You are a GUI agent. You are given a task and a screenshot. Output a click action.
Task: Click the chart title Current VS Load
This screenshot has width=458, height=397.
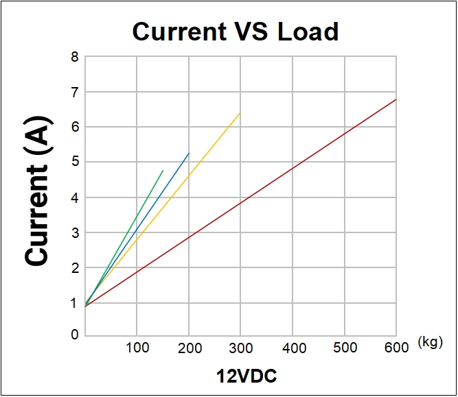point(235,32)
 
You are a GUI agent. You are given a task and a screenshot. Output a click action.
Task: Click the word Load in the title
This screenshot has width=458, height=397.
point(308,32)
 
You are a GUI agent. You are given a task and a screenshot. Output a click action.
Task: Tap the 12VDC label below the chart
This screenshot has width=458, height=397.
point(247,376)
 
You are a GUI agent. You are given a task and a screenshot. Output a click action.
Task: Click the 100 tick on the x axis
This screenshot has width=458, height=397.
point(137,348)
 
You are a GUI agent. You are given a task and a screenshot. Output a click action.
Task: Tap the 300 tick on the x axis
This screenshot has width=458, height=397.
point(240,348)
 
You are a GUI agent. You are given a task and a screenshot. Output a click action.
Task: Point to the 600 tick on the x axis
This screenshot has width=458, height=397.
point(396,348)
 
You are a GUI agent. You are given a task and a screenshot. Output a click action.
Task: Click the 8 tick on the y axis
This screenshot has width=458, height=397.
point(74,56)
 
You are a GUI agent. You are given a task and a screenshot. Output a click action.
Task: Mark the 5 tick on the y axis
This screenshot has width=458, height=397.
point(74,162)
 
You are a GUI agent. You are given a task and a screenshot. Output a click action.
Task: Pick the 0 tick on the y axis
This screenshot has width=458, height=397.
point(74,335)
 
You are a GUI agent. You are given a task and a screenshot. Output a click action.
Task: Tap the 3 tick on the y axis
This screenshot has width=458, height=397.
point(74,232)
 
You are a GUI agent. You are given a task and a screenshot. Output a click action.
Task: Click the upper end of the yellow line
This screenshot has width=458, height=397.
point(240,113)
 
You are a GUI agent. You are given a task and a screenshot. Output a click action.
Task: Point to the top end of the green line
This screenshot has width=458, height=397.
point(163,170)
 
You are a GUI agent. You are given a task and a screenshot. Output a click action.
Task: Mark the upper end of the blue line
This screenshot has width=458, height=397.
point(189,153)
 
